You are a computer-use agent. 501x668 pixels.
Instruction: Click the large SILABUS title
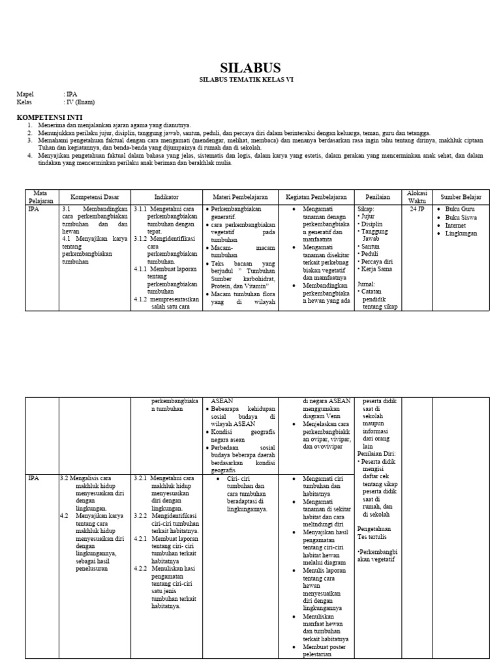[250, 68]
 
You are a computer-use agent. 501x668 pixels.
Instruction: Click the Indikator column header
[166, 196]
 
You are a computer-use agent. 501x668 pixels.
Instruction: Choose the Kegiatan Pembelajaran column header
[316, 196]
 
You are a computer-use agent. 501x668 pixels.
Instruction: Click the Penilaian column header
[378, 196]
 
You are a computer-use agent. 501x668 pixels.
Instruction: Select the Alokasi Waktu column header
[417, 196]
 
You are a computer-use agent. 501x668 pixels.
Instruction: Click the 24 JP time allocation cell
[417, 210]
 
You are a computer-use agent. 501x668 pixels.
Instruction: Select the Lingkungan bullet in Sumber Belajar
[461, 234]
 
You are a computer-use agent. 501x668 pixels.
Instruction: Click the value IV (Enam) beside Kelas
[80, 102]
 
